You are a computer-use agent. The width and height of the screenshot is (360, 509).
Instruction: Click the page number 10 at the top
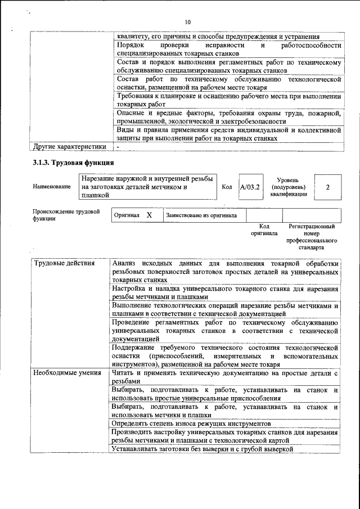(x=187, y=22)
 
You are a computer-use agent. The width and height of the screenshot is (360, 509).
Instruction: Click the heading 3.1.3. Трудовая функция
(x=74, y=163)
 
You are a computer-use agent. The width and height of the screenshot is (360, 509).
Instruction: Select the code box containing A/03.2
(x=250, y=187)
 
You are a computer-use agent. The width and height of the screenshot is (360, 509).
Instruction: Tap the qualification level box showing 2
(x=327, y=187)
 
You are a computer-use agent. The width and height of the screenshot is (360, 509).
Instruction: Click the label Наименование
(x=51, y=187)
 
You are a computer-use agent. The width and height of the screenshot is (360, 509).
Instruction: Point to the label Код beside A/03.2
(x=227, y=187)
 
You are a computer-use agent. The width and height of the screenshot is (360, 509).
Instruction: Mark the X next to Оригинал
(x=149, y=215)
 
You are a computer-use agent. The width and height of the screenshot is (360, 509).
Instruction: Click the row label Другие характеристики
(x=69, y=147)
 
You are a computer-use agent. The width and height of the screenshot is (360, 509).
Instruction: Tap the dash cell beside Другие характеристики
(x=118, y=147)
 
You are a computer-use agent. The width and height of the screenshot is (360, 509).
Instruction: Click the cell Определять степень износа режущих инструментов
(x=192, y=422)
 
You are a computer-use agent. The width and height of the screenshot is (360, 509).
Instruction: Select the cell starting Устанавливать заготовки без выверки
(x=202, y=449)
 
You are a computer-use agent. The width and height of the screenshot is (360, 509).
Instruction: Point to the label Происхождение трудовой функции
(x=66, y=215)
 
